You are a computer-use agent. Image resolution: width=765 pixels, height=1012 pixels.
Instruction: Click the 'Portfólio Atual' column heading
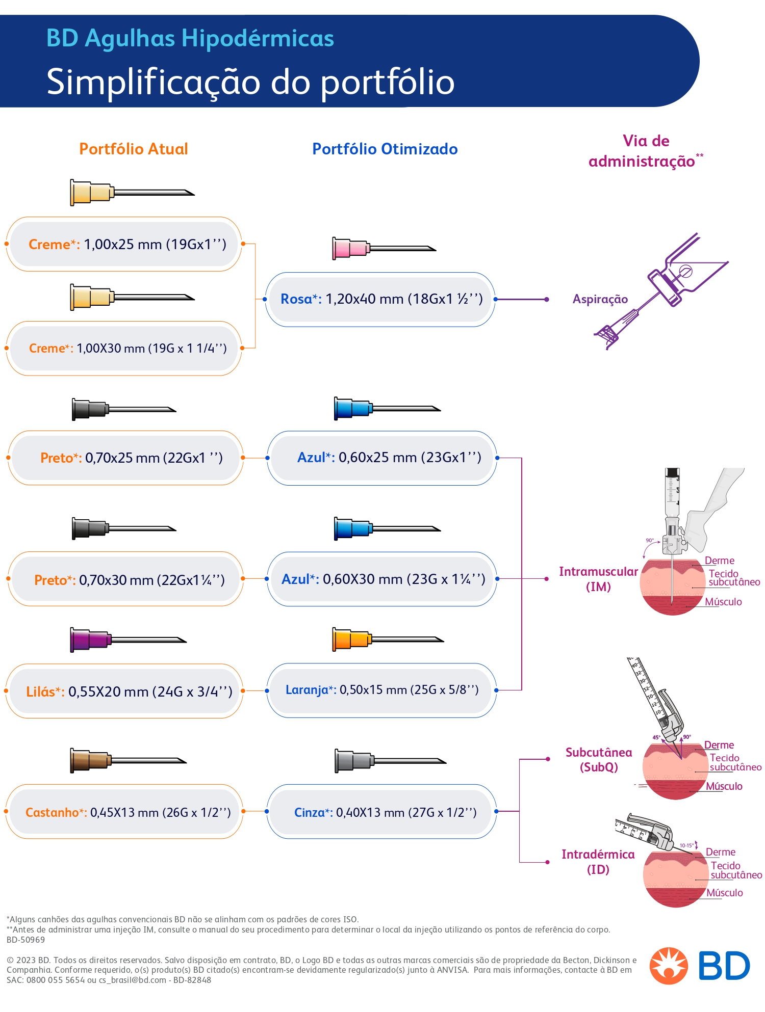(x=134, y=149)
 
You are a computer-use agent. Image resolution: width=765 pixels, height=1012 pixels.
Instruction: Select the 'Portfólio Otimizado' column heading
(x=385, y=149)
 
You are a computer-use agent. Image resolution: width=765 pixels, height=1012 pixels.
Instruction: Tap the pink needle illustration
(x=384, y=249)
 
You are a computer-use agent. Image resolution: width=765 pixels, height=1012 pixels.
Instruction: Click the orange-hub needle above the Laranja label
(x=388, y=640)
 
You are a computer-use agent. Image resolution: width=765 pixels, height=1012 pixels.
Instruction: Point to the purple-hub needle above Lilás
(x=128, y=640)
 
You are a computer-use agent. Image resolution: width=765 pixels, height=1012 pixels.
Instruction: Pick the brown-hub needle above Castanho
(x=128, y=761)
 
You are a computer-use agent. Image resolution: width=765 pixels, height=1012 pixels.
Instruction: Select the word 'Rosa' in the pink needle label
(x=296, y=299)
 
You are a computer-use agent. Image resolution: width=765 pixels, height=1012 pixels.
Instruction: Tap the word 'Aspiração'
(x=600, y=299)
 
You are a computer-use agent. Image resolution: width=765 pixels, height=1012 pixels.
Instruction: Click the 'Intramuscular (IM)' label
(x=598, y=579)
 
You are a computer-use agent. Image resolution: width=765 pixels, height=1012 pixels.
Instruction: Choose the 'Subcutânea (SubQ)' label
(x=599, y=760)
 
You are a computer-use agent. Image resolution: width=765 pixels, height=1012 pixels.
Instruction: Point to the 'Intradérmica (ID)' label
(x=598, y=862)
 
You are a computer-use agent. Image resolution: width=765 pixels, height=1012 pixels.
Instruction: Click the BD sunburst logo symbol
(x=669, y=966)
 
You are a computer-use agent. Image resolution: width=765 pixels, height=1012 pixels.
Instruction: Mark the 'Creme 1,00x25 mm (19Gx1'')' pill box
(x=124, y=244)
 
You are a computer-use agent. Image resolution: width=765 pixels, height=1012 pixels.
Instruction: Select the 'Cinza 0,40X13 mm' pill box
(x=381, y=812)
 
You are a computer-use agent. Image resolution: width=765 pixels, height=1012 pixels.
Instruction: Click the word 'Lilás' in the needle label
(x=40, y=691)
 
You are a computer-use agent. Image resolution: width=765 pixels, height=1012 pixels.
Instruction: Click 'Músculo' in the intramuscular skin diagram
(x=723, y=602)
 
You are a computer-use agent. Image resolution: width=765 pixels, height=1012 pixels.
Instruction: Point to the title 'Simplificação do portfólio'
(x=250, y=82)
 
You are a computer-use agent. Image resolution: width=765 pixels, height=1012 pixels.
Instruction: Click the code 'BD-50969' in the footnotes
(x=25, y=940)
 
